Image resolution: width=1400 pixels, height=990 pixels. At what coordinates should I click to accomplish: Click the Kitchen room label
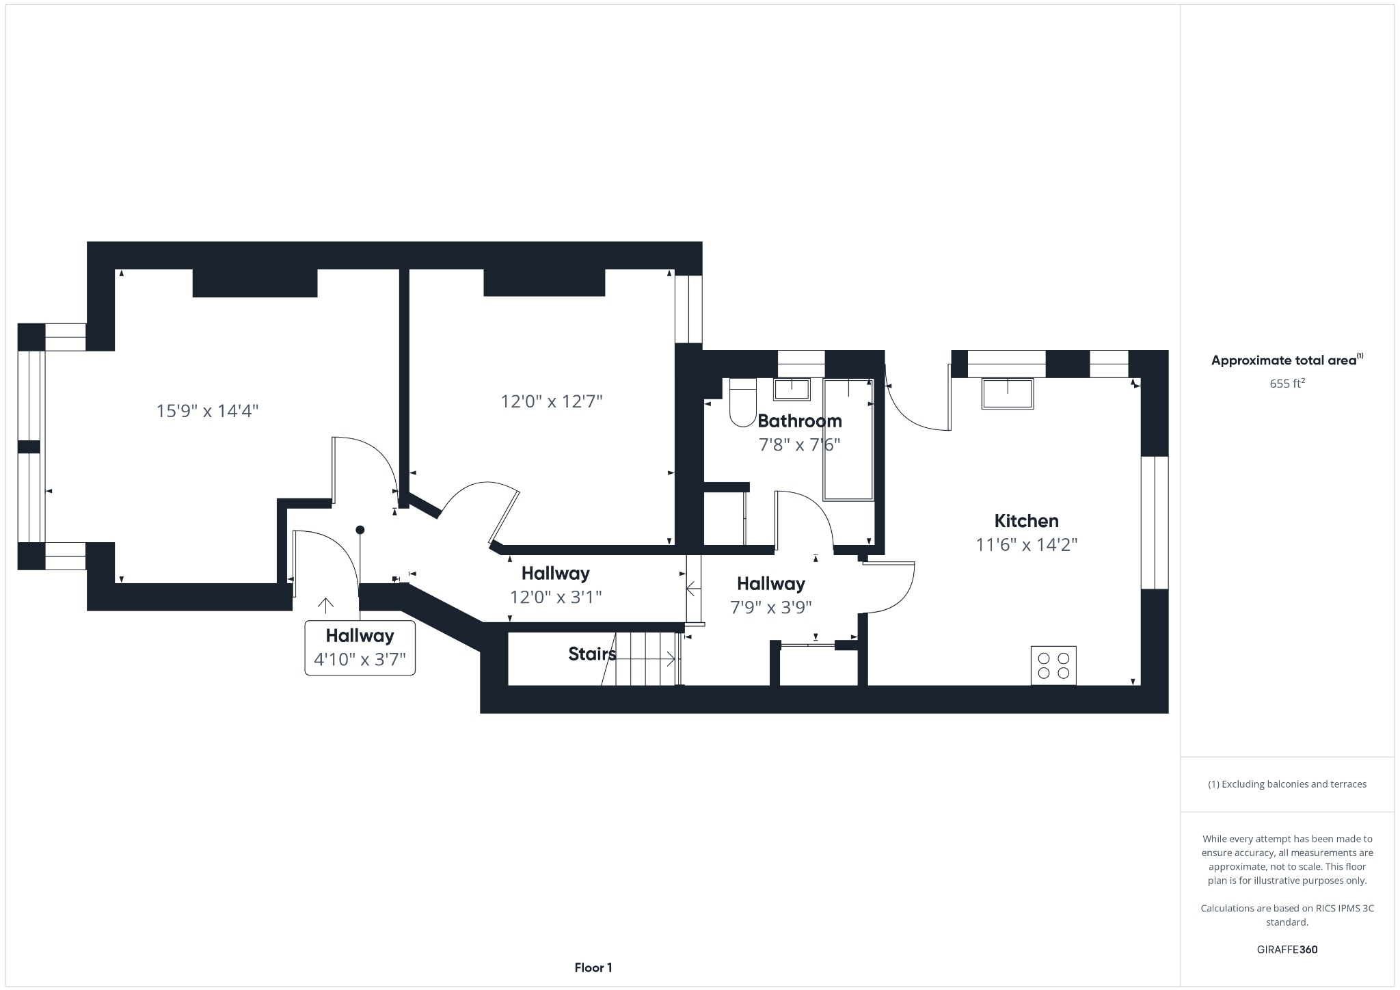1026,521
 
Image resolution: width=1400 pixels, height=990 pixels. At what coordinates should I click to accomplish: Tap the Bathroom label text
799,420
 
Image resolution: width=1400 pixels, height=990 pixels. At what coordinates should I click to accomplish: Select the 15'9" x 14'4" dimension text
207,411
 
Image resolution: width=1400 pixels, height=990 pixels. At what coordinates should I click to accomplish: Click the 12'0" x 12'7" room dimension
551,401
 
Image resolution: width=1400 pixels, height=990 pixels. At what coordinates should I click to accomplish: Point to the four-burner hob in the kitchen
1053,665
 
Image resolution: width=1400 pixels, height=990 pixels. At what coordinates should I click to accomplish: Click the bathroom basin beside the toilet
792,389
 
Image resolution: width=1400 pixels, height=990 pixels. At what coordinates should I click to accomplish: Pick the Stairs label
591,654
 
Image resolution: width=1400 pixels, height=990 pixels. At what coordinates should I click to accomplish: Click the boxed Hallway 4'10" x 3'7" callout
360,647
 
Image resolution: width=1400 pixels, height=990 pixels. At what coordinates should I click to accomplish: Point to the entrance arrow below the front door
325,605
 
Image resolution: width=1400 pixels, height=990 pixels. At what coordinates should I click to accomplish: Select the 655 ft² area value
1287,384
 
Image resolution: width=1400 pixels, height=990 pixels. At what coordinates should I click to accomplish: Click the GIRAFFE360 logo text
1287,950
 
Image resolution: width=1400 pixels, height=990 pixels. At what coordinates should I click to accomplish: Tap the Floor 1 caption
593,967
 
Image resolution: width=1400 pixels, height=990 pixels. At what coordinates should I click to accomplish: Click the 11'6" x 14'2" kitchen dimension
1026,545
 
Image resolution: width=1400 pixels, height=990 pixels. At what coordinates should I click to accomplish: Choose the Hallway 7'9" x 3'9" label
770,595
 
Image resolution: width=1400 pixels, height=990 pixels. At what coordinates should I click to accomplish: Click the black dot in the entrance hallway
360,530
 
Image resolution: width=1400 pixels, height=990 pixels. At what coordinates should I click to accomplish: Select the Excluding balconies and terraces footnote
1287,784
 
